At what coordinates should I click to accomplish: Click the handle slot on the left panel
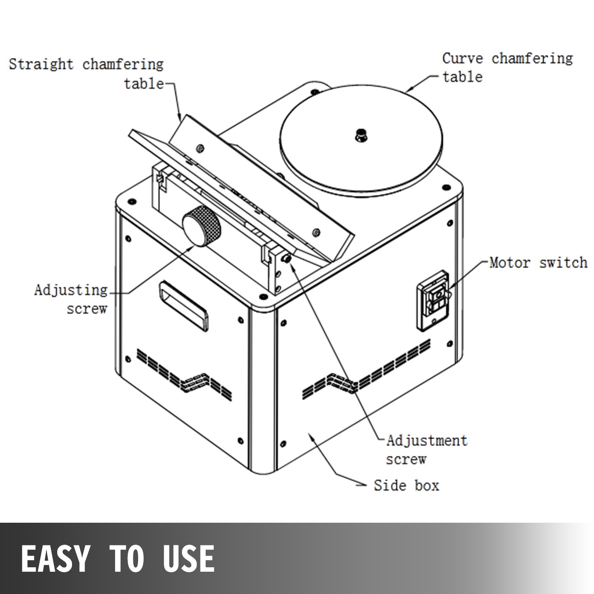[183, 306]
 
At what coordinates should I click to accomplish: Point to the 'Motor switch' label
[538, 263]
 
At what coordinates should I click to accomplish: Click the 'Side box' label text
[406, 485]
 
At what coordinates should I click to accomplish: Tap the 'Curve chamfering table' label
[507, 67]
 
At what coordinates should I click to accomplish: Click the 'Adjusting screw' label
[71, 299]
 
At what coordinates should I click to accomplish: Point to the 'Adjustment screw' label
[426, 450]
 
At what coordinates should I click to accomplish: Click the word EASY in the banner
[55, 558]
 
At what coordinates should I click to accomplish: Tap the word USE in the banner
[189, 558]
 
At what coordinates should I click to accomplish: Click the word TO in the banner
[126, 558]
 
